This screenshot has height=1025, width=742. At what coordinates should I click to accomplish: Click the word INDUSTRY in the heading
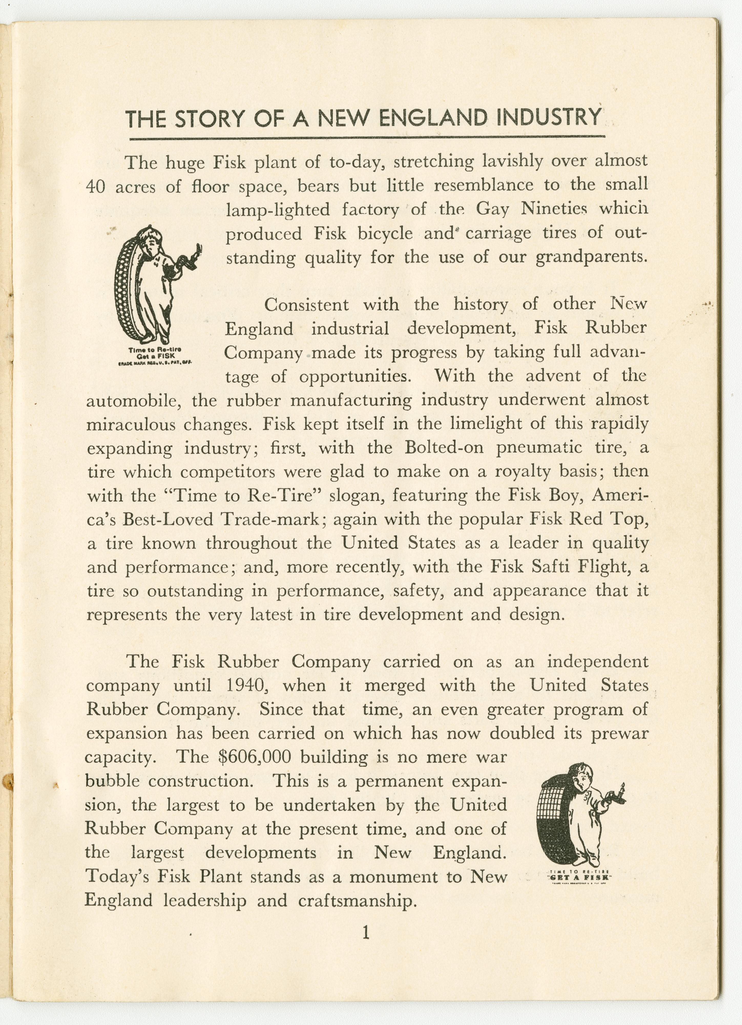tap(548, 118)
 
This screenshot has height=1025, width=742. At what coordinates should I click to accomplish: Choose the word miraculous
tap(131, 424)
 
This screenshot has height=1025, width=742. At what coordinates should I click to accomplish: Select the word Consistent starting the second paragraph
tap(306, 305)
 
